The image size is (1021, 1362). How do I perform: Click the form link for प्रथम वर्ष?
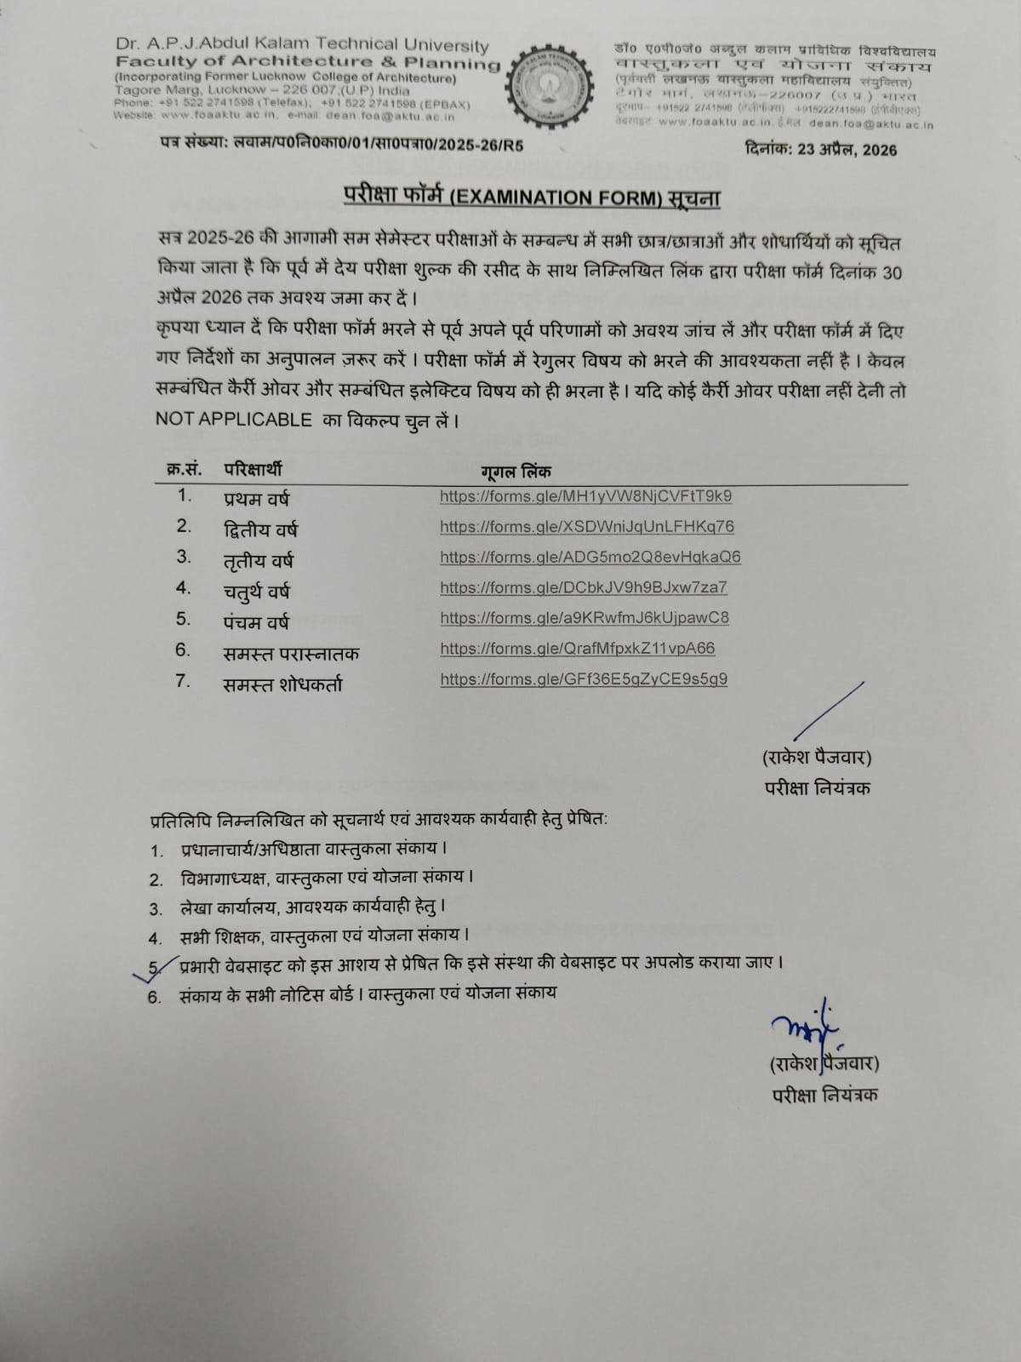pos(585,496)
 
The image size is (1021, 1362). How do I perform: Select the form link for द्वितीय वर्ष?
pos(586,527)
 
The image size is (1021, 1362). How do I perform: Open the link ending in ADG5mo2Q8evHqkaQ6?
pos(590,558)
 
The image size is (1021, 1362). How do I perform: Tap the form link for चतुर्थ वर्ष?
pos(583,588)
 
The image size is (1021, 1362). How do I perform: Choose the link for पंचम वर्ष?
pos(584,619)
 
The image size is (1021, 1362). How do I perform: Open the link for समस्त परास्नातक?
pos(577,649)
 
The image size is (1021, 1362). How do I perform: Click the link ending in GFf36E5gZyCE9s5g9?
pos(583,679)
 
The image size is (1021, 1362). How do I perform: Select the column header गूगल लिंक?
pos(516,471)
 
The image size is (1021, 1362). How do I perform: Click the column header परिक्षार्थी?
pos(253,469)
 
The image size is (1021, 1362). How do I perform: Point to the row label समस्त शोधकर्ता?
pos(282,684)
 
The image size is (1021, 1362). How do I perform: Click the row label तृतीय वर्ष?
pos(258,561)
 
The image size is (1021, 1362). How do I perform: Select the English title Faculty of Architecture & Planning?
pos(307,61)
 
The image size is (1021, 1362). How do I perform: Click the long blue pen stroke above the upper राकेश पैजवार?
pos(829,710)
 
